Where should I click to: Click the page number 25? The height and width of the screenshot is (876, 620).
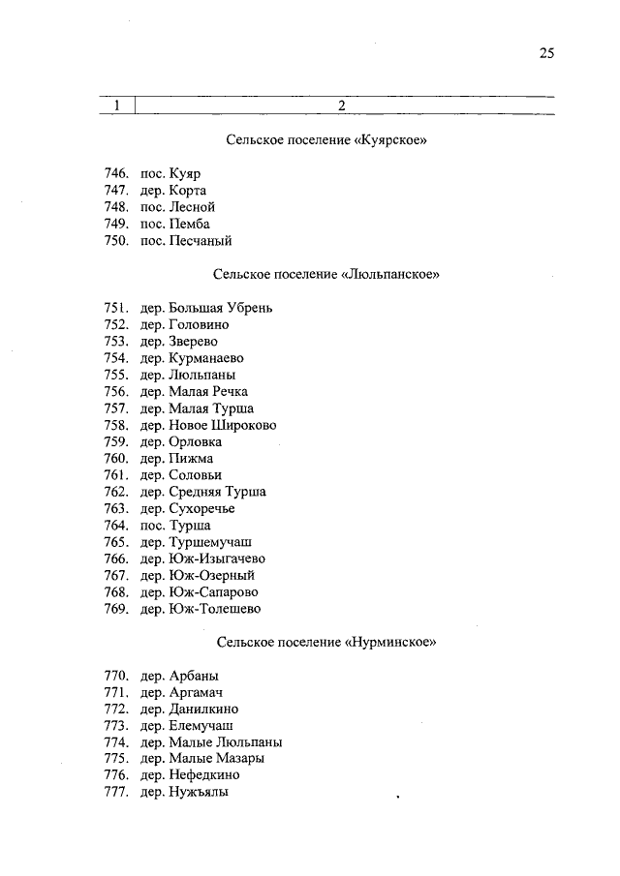click(x=546, y=54)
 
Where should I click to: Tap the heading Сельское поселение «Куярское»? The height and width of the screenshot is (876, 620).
click(x=326, y=140)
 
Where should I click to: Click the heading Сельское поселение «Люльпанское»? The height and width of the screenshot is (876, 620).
click(x=326, y=275)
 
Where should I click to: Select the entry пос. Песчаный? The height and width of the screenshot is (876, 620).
click(x=186, y=241)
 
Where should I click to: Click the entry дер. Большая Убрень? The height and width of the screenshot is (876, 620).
click(x=206, y=308)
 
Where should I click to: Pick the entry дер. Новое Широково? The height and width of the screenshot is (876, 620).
click(x=208, y=425)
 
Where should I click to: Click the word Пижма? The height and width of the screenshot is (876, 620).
click(x=190, y=458)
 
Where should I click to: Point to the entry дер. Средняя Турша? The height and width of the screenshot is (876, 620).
click(x=202, y=492)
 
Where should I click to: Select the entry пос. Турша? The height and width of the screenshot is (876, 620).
click(x=175, y=525)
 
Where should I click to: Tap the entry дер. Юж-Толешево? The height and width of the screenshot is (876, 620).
click(x=200, y=609)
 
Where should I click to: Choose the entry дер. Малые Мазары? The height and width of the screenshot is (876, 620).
click(x=201, y=758)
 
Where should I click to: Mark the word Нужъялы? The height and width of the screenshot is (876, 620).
click(x=198, y=792)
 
